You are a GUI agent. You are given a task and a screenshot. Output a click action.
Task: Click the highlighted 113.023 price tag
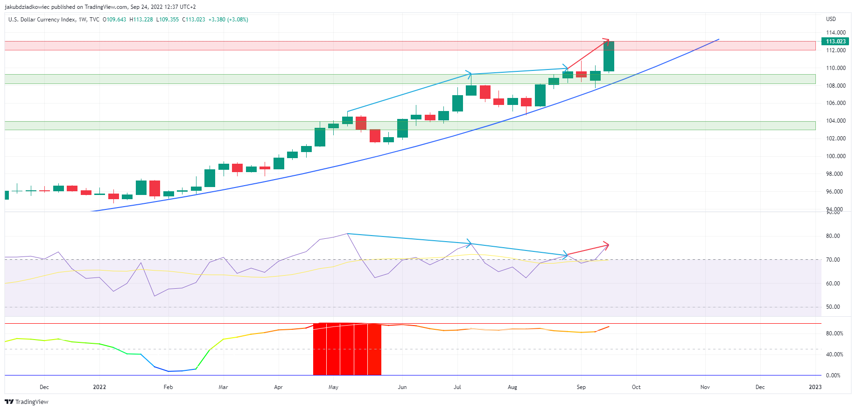[x=835, y=42]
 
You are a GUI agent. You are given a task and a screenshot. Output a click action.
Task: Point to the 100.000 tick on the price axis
[x=835, y=156]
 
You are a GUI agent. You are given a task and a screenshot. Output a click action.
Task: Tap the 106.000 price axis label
[x=835, y=103]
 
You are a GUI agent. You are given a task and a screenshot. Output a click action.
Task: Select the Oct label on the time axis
[x=636, y=387]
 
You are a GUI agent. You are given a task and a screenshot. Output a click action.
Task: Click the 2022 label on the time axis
[x=99, y=387]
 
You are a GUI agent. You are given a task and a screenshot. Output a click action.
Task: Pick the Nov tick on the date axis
[x=705, y=387]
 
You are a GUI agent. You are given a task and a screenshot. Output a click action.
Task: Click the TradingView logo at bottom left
[x=27, y=402]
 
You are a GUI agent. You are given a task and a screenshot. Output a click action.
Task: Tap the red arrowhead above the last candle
[x=607, y=41]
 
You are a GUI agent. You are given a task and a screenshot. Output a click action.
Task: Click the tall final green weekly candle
[x=609, y=56]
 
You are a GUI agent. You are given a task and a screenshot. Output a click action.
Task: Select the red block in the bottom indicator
[x=347, y=349]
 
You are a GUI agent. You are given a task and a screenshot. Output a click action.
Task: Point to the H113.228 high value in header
[x=141, y=20]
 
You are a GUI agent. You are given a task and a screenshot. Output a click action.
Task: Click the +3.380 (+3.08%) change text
[x=228, y=20]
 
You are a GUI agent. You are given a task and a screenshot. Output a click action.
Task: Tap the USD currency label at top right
[x=831, y=19]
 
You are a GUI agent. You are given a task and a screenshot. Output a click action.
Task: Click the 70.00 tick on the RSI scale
[x=833, y=260]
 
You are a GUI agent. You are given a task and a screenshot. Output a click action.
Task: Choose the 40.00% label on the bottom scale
[x=835, y=354]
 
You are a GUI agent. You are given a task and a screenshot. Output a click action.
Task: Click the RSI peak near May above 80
[x=347, y=234]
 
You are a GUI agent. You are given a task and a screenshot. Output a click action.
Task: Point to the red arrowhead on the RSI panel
[x=606, y=245]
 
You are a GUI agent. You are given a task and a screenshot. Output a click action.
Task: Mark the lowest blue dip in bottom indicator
[x=168, y=371]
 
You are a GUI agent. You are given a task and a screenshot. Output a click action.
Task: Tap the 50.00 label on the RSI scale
[x=833, y=307]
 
